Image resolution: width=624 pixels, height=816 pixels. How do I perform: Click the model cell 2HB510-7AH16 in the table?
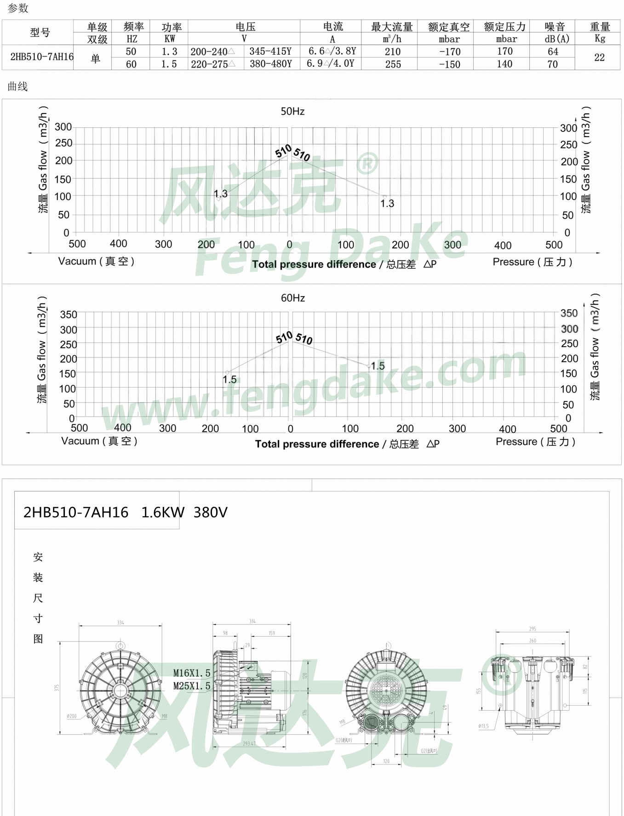[x=41, y=57]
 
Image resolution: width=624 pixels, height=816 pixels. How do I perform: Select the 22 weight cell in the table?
[x=599, y=57]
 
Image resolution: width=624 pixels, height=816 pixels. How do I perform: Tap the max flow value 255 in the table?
[x=393, y=64]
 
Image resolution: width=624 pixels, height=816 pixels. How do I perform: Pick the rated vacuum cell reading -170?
[x=449, y=52]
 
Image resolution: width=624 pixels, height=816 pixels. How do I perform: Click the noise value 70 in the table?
[x=552, y=64]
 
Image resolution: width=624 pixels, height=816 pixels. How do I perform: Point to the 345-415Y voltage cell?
[x=270, y=51]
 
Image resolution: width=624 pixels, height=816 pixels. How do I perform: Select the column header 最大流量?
[x=392, y=27]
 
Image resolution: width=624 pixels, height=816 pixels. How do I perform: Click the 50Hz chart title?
[x=292, y=111]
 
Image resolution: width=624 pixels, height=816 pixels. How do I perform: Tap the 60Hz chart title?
[x=293, y=298]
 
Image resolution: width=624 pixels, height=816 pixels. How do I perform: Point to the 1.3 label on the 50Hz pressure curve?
[x=387, y=203]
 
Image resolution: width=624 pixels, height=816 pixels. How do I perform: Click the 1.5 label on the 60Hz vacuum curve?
[x=229, y=380]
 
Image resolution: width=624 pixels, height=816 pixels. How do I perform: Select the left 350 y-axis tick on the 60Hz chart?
[x=69, y=314]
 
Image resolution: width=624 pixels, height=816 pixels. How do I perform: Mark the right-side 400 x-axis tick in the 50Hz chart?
[x=503, y=245]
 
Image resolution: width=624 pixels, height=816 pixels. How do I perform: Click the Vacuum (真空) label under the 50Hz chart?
[x=96, y=261]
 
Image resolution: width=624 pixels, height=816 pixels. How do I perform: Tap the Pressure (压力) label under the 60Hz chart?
[x=535, y=442]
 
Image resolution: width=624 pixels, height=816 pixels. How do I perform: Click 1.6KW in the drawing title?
[x=163, y=512]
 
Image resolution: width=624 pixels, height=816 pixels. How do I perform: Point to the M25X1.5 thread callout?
[x=192, y=686]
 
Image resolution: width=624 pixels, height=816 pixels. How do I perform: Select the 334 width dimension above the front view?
[x=120, y=622]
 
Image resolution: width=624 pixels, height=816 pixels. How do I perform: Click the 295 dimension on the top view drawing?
[x=532, y=628]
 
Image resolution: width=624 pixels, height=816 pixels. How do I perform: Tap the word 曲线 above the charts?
[x=18, y=86]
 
